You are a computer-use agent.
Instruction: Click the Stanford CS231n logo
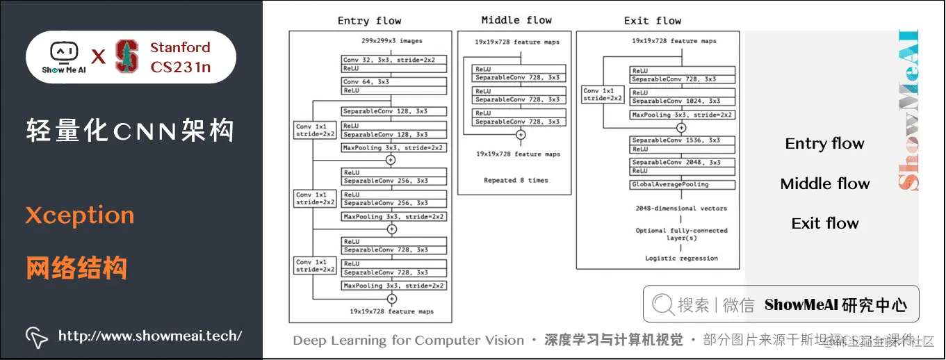tap(127, 57)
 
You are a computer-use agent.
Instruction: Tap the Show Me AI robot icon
tap(63, 53)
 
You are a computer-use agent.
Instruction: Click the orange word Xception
tap(79, 215)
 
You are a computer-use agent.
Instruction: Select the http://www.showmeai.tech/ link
tap(150, 336)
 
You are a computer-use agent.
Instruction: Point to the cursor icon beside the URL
tap(35, 336)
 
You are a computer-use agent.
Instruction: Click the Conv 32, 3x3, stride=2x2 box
tap(393, 60)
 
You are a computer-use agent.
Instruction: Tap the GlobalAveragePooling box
tap(683, 185)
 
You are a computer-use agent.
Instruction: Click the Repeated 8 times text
tap(516, 181)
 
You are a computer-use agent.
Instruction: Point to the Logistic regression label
tap(681, 259)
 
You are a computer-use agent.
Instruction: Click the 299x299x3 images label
tap(392, 42)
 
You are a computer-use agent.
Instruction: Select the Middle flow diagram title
tap(516, 20)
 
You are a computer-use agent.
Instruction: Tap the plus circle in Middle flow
tap(521, 135)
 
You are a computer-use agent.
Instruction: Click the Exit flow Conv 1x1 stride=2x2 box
tap(602, 95)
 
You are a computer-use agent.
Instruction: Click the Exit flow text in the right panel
tap(825, 223)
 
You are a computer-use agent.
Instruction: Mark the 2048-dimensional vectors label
tap(681, 208)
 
